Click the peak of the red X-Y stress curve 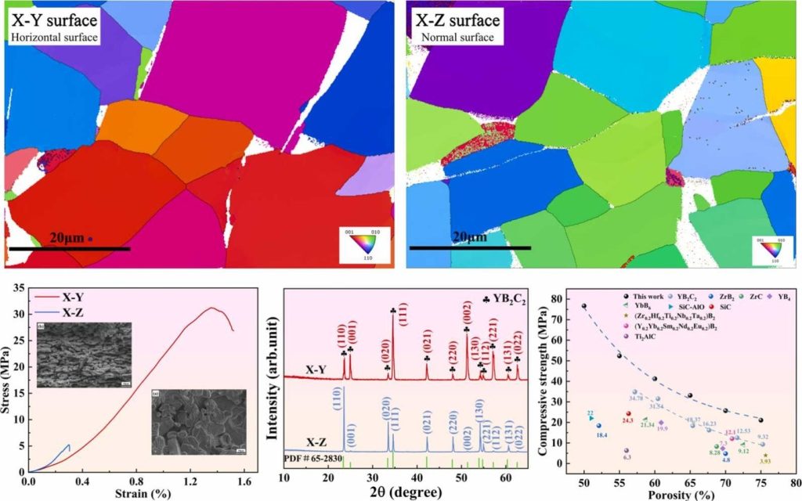211,308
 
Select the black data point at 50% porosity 583,306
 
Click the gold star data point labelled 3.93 765,456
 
